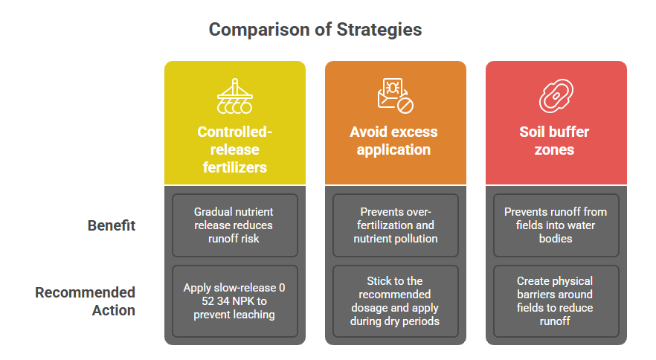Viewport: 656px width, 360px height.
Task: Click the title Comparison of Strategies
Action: (x=315, y=30)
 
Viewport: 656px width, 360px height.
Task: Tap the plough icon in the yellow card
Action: (x=235, y=96)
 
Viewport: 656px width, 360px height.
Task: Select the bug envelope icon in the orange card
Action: (x=396, y=96)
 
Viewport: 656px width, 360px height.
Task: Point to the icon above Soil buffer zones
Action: (x=556, y=96)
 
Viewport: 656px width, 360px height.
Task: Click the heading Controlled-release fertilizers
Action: (x=235, y=150)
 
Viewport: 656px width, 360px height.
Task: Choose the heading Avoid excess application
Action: (x=393, y=141)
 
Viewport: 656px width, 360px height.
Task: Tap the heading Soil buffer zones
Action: (x=554, y=141)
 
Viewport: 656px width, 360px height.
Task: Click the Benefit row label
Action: (x=112, y=225)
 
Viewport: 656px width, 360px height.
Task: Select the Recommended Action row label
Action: (x=85, y=301)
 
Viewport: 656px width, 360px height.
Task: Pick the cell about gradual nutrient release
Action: (x=235, y=225)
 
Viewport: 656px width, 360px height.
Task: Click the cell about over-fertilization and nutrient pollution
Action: (x=396, y=225)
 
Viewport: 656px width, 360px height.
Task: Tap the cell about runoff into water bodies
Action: (x=556, y=225)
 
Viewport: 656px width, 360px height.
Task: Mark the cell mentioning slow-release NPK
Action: (x=235, y=301)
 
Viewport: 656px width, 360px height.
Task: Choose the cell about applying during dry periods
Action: (x=396, y=301)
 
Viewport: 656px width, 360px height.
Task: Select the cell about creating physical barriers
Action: (x=556, y=301)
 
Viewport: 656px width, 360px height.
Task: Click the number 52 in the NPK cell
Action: (x=208, y=301)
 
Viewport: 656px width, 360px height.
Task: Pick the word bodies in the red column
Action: (x=556, y=239)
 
